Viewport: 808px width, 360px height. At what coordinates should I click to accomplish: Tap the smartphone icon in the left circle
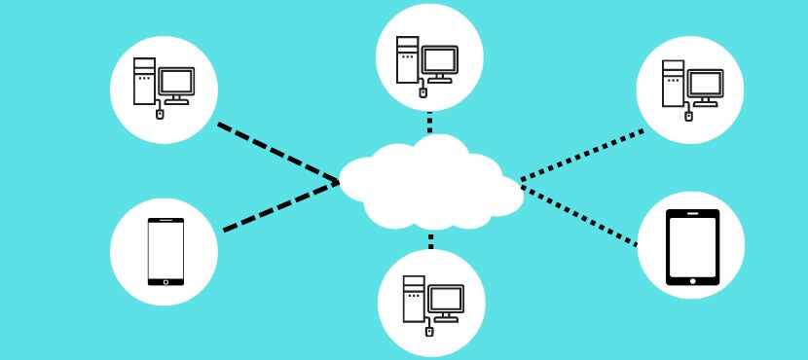(165, 252)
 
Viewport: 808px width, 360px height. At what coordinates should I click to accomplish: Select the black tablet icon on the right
(692, 247)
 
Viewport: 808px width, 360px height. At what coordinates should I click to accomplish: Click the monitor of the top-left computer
(177, 83)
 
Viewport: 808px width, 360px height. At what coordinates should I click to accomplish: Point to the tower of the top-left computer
(145, 82)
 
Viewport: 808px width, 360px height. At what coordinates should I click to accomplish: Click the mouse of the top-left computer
(161, 114)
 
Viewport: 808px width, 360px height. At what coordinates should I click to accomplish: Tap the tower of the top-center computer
(408, 59)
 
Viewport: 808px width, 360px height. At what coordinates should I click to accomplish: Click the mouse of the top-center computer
(422, 93)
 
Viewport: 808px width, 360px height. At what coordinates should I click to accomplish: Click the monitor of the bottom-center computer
(445, 300)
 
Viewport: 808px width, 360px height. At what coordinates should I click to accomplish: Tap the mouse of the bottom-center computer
(428, 331)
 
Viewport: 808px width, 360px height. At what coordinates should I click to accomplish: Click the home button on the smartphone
(165, 282)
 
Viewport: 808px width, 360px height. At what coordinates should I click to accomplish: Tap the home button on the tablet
(692, 280)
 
